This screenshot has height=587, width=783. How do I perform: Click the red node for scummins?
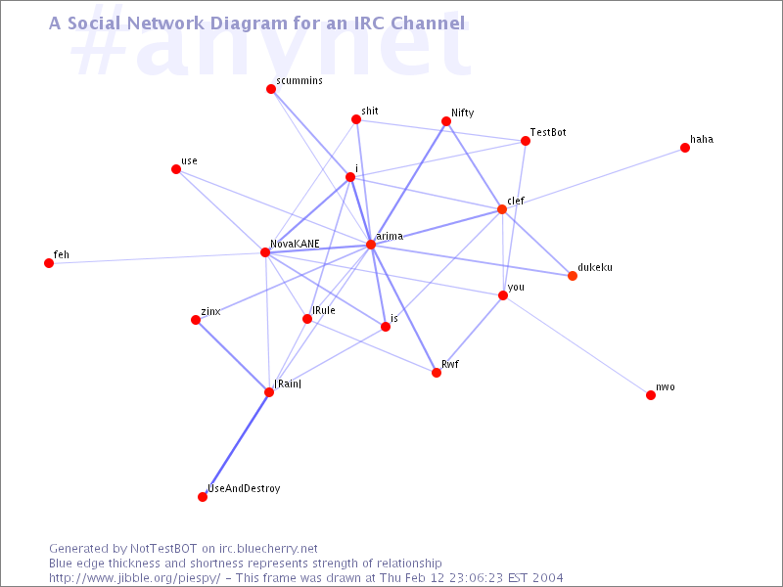click(271, 89)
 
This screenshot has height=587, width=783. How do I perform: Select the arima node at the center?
click(371, 244)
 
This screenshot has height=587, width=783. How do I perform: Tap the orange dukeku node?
click(573, 276)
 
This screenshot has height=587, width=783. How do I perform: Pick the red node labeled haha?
click(684, 148)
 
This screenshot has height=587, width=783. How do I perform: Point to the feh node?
click(48, 263)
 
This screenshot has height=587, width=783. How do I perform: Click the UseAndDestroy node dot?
click(203, 497)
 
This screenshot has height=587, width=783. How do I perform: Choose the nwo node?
click(650, 395)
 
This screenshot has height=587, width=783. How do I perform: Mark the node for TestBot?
click(525, 141)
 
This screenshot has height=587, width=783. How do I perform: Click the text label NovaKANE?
click(295, 244)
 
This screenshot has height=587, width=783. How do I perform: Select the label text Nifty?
click(462, 113)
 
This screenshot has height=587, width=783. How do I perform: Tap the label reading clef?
click(516, 201)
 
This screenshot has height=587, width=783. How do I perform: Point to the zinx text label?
click(210, 311)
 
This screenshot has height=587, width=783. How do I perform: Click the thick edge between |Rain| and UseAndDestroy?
click(236, 444)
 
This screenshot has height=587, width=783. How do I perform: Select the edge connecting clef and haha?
click(593, 178)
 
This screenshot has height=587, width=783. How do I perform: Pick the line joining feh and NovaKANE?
click(157, 257)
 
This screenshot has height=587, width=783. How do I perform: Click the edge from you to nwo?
click(576, 345)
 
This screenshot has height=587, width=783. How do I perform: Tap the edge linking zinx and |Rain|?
click(232, 356)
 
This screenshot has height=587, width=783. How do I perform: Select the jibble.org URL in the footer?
click(134, 578)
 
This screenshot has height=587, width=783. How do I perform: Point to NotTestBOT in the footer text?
click(163, 549)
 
